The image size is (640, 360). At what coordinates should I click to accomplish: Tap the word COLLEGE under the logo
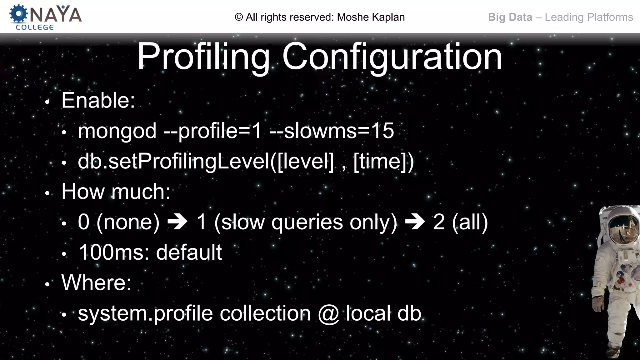(35, 27)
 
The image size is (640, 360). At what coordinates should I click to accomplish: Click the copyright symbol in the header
(239, 17)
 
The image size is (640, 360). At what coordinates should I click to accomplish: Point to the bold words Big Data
(510, 17)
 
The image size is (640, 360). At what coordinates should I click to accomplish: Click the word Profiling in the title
(203, 57)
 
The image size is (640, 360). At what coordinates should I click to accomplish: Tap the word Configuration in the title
(392, 57)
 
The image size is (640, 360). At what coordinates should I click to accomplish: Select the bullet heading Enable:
(98, 100)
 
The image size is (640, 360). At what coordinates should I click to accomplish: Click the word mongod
(117, 131)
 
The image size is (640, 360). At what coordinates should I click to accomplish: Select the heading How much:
(116, 191)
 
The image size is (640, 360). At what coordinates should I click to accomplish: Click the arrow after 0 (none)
(177, 222)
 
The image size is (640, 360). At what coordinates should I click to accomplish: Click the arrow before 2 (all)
(415, 222)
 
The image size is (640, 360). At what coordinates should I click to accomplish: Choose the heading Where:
(96, 282)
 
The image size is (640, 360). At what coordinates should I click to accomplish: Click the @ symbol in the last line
(328, 313)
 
